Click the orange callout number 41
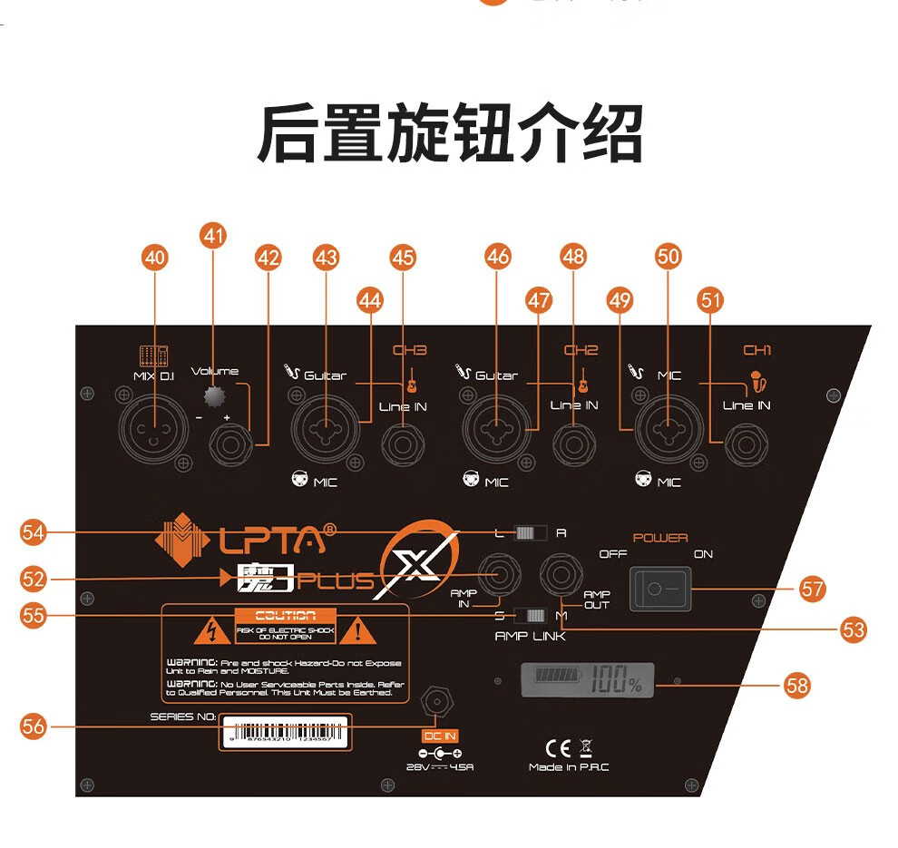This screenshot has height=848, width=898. [x=213, y=236]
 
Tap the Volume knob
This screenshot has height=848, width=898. [x=214, y=397]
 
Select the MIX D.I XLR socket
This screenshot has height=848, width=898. [x=154, y=424]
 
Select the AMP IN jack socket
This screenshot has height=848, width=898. [x=499, y=575]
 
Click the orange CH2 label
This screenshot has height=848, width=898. [x=581, y=350]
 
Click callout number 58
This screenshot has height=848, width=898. [x=796, y=686]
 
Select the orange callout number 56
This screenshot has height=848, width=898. [x=34, y=726]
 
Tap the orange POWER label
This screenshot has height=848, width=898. [x=660, y=538]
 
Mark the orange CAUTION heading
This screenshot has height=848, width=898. [x=285, y=616]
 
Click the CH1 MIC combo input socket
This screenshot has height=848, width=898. [x=668, y=424]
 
